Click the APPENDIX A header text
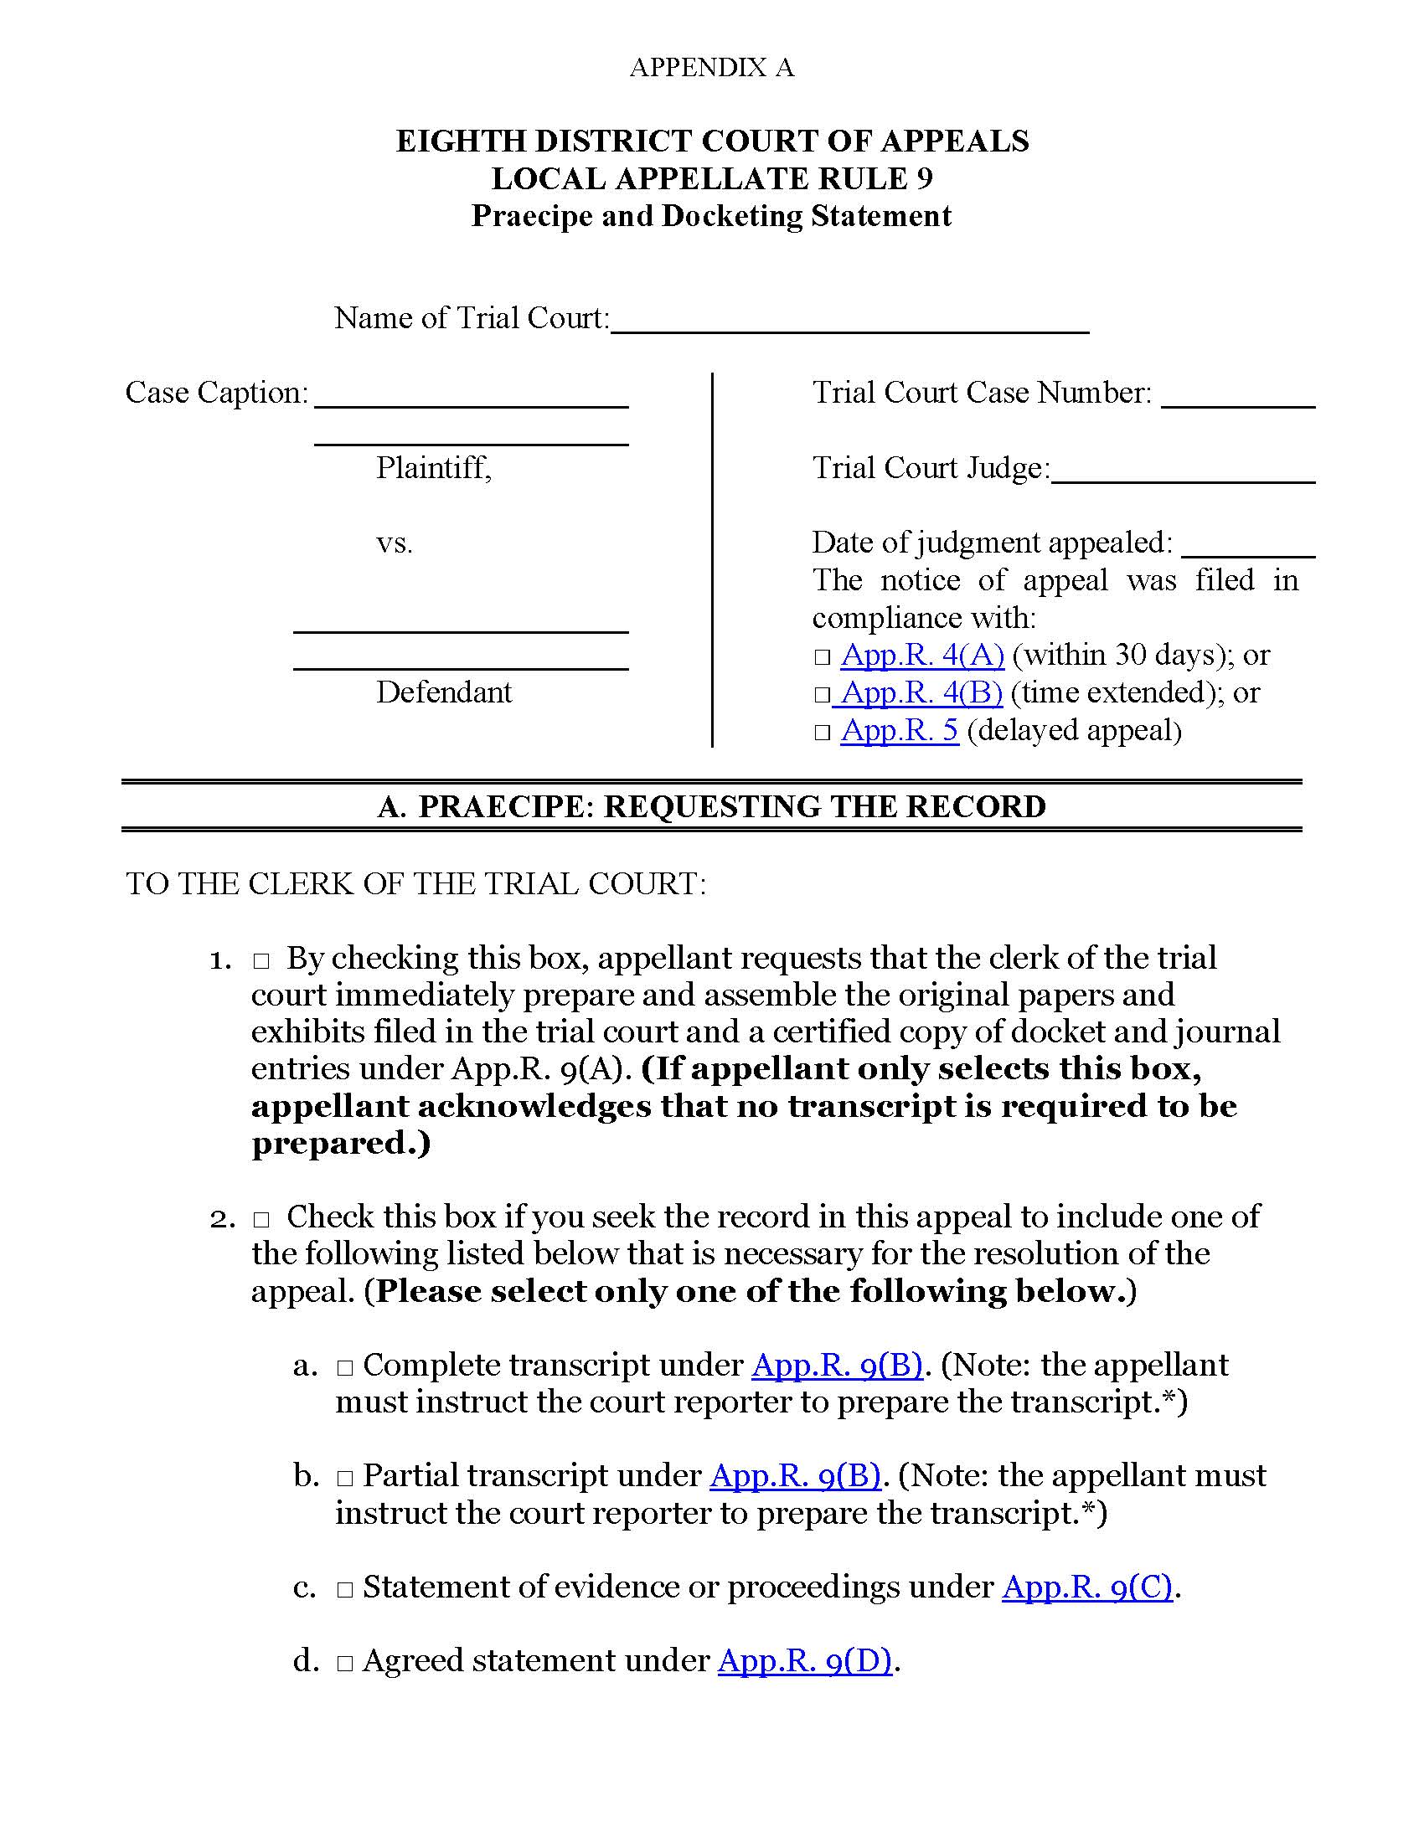tap(711, 68)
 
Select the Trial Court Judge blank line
tap(1183, 477)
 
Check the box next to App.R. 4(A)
tap(823, 658)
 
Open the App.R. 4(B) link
tap(921, 692)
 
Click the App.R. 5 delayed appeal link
tap(900, 730)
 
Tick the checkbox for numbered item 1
tap(260, 961)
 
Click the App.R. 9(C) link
tap(1086, 1587)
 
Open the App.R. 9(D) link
tap(805, 1660)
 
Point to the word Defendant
tap(444, 692)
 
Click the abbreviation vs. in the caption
tap(394, 543)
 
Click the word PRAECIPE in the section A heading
tap(507, 806)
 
